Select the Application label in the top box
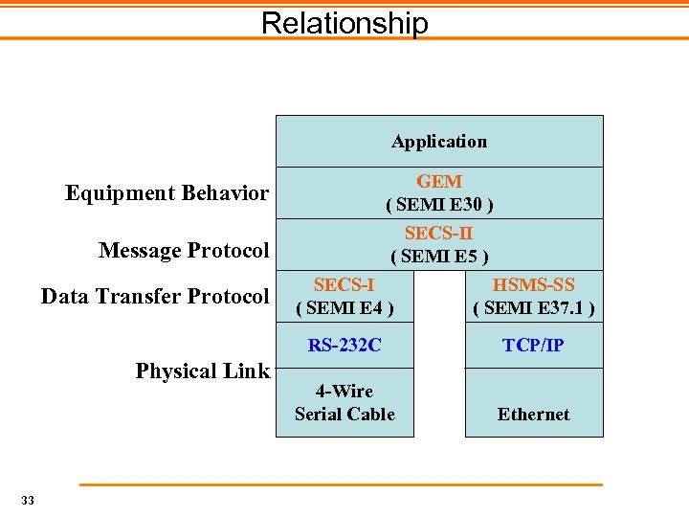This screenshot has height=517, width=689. (439, 142)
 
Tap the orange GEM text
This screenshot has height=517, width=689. (439, 181)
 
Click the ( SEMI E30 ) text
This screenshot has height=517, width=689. (439, 204)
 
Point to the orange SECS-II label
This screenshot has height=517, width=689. (439, 233)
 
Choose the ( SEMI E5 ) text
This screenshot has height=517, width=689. (439, 256)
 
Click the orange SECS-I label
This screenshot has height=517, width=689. (344, 284)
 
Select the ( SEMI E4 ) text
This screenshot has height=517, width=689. (344, 307)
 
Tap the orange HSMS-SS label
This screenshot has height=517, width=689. (533, 284)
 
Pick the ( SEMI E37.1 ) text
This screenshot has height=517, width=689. (533, 307)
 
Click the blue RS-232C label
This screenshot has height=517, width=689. (344, 346)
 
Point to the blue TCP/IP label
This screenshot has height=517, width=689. (533, 346)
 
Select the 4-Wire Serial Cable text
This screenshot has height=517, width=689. (344, 402)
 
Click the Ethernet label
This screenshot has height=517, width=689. (533, 415)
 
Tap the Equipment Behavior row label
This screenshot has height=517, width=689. (167, 193)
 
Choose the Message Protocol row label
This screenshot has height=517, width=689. (184, 251)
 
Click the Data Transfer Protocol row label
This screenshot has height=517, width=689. (155, 297)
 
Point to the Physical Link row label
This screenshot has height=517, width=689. (203, 371)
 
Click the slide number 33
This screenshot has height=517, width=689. (27, 500)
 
